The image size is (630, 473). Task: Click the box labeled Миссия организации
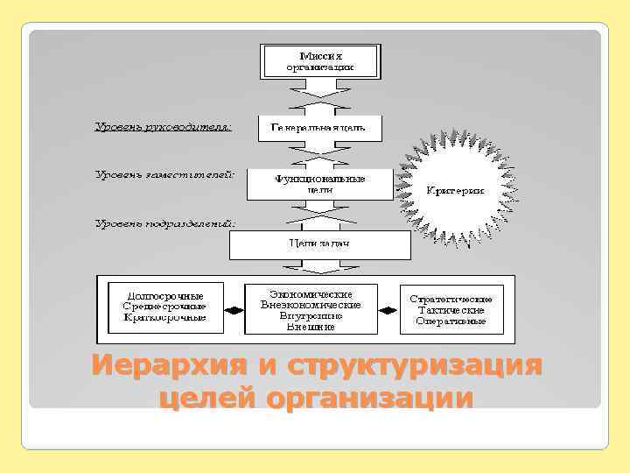tap(320, 60)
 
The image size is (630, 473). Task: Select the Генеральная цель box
tap(320, 128)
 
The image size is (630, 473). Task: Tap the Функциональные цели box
tap(318, 184)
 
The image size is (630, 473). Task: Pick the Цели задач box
tap(319, 243)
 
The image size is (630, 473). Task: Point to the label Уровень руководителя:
tap(163, 128)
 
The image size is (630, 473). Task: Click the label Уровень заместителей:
tap(164, 174)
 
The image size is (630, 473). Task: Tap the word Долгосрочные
tap(165, 296)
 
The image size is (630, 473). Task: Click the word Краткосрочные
tap(165, 317)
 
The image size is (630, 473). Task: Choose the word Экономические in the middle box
tap(311, 293)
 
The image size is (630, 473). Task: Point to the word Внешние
tap(311, 327)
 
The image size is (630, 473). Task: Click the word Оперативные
tap(452, 321)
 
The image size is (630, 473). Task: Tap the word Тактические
tap(453, 310)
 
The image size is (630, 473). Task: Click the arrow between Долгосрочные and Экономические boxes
tap(234, 309)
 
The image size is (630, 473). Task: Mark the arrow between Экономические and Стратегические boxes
tap(388, 309)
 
